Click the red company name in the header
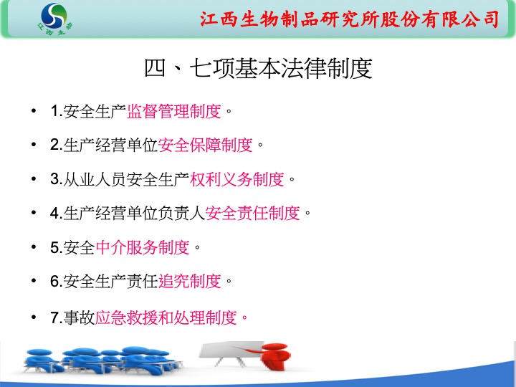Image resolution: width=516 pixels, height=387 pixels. click(350, 19)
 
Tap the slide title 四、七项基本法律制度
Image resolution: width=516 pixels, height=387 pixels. click(258, 69)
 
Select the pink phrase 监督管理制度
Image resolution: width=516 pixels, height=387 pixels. click(173, 111)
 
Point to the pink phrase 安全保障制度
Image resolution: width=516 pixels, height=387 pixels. click(206, 145)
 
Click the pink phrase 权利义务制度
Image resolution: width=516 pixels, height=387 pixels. click(237, 179)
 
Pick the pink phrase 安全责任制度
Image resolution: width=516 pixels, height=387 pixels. click(252, 214)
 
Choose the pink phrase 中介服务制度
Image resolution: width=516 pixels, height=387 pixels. click(143, 247)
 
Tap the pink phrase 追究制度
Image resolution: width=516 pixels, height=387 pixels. click(189, 282)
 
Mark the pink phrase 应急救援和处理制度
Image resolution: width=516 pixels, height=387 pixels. click(166, 317)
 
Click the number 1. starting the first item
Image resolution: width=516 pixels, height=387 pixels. click(57, 111)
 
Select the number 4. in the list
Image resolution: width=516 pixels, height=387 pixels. click(57, 214)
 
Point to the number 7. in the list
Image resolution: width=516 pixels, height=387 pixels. click(57, 317)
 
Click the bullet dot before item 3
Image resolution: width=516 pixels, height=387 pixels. click(33, 178)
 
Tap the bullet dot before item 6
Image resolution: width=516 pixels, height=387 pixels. click(33, 281)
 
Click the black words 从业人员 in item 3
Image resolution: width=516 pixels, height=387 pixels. click(95, 179)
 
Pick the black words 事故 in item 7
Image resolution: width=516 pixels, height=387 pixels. click(79, 317)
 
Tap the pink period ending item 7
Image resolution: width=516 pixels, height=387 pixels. click(244, 318)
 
